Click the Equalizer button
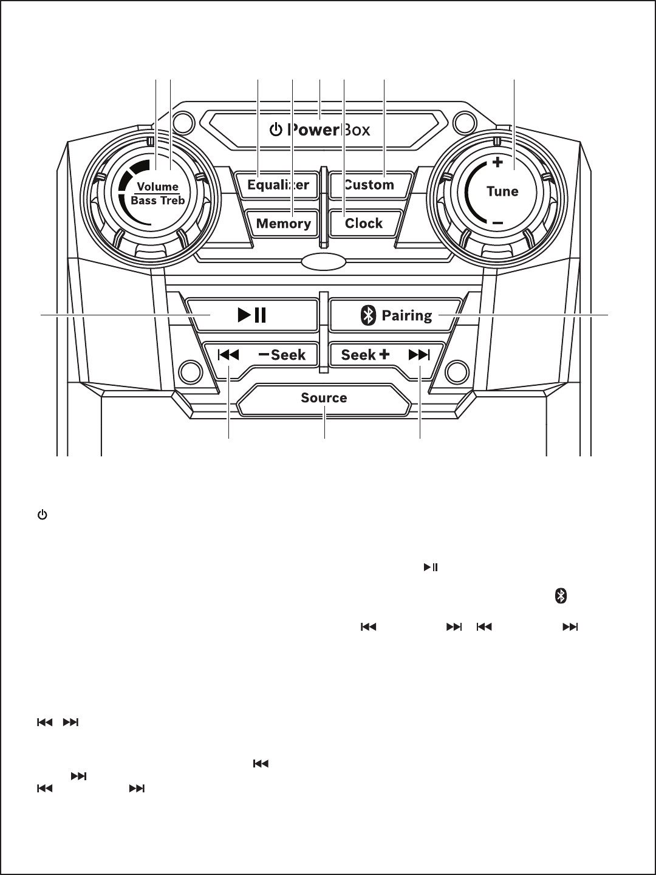point(277,185)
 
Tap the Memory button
point(283,223)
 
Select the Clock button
point(364,223)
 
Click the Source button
point(324,400)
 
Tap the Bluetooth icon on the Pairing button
point(368,315)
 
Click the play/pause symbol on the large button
point(251,315)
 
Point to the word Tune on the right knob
point(502,191)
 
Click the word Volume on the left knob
point(158,187)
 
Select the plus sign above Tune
point(497,162)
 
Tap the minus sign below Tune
point(497,223)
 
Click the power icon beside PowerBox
point(276,129)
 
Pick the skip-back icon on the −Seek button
point(228,354)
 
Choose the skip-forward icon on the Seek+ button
point(419,354)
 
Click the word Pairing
point(407,316)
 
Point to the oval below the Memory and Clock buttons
point(323,262)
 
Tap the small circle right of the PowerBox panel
point(465,123)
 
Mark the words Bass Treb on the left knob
point(158,200)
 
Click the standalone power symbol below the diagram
point(43,515)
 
